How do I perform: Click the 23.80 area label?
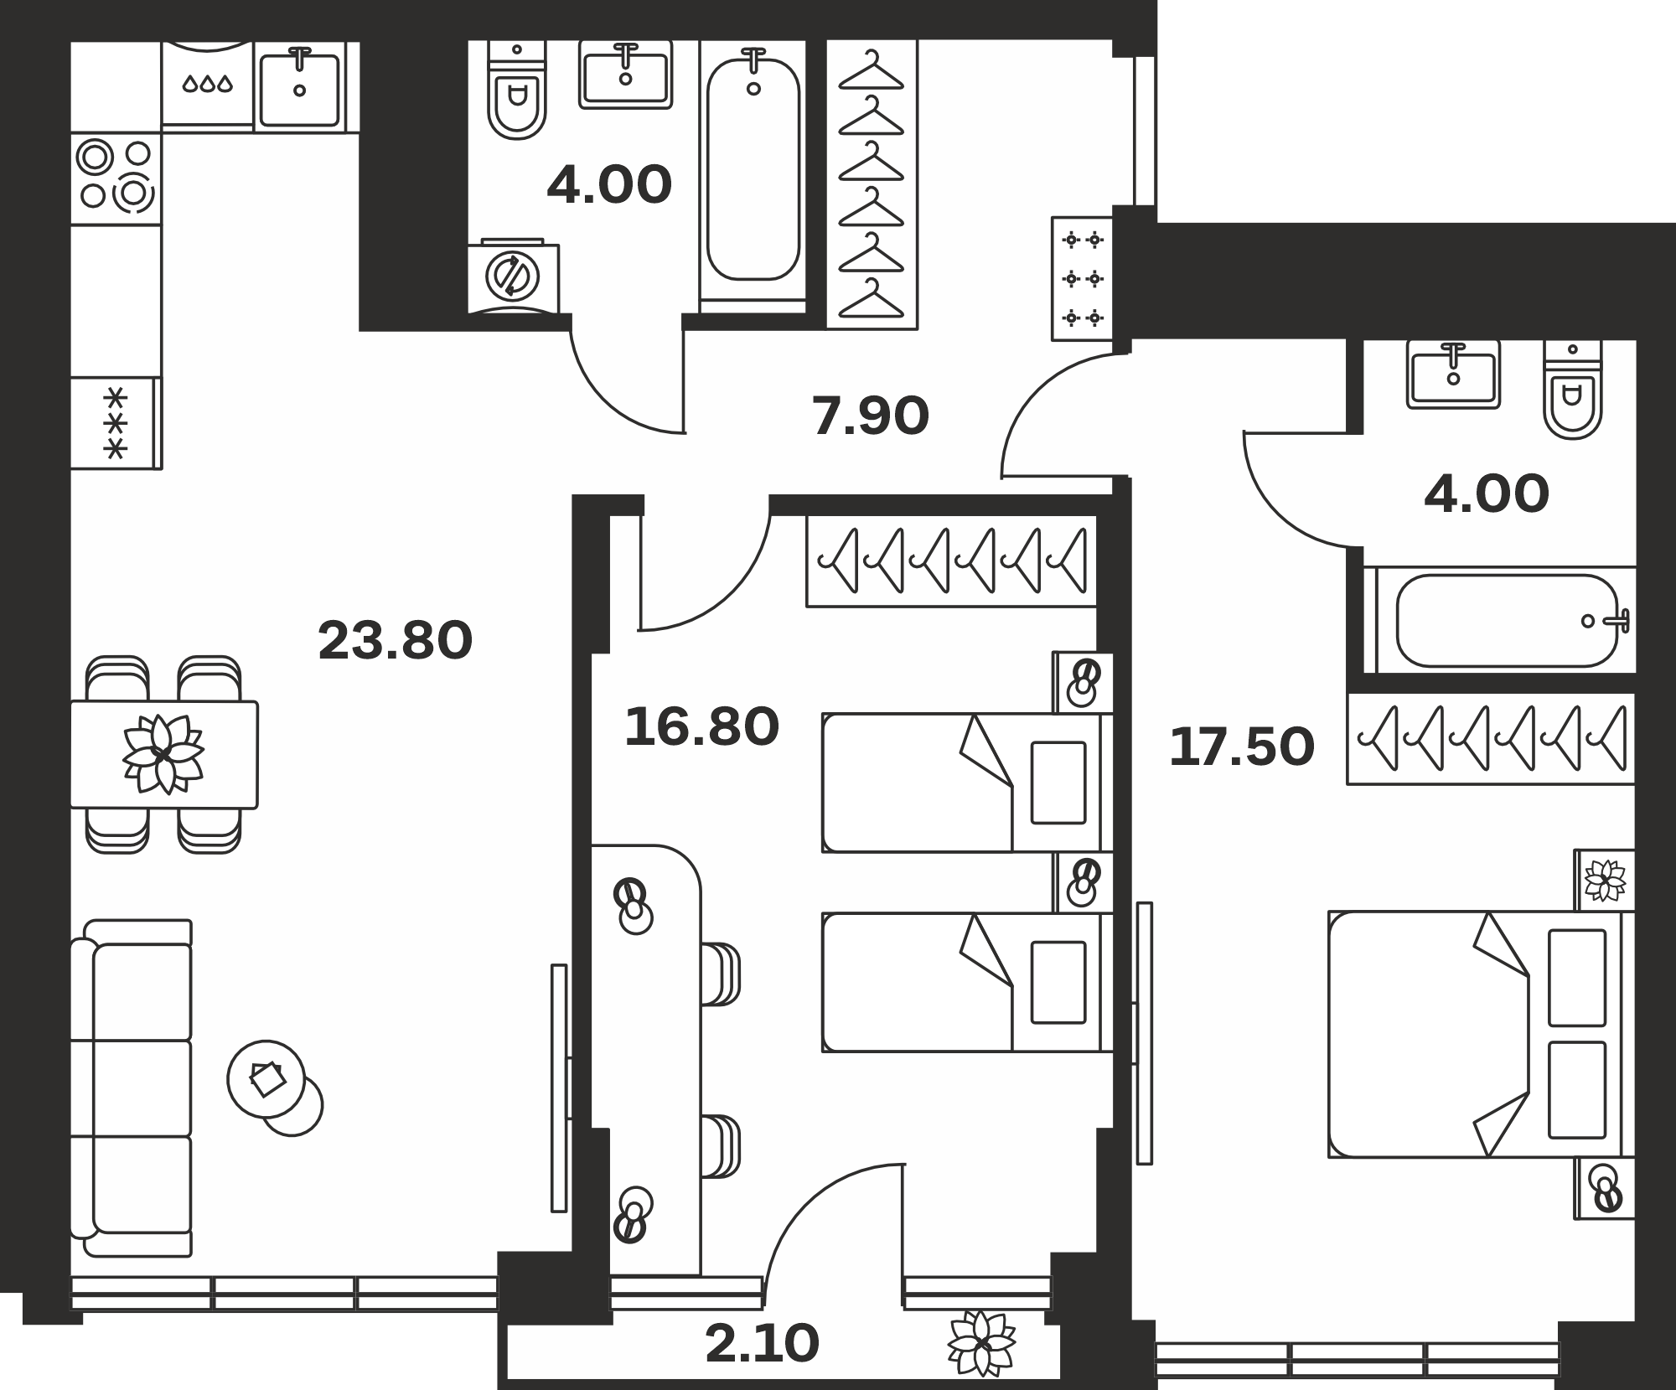point(396,641)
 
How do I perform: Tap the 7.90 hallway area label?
point(871,416)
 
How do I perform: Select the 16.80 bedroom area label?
point(701,726)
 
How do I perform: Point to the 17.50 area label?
point(1242,747)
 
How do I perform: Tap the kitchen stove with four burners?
point(116,178)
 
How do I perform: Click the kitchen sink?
point(300,87)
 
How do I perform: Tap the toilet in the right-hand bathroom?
point(1573,390)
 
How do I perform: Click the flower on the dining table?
point(163,754)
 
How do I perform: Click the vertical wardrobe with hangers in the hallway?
point(872,183)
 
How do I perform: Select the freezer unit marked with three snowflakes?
point(116,423)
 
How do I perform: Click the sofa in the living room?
point(132,1088)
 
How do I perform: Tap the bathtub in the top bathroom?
point(753,176)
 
